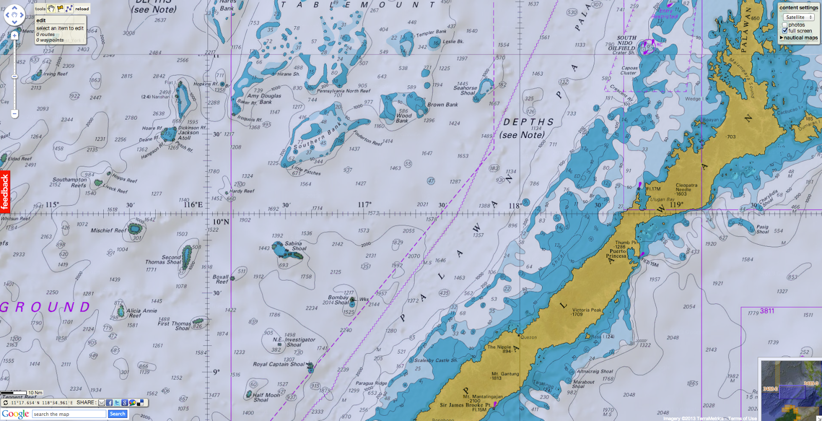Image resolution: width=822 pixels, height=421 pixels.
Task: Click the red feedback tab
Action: pos(5,191)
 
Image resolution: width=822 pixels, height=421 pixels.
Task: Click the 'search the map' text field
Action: pos(69,414)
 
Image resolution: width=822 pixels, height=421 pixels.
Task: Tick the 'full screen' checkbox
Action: pos(785,31)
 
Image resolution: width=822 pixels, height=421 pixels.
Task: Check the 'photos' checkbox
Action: pos(785,25)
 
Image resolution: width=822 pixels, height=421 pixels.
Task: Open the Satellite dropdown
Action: pos(799,17)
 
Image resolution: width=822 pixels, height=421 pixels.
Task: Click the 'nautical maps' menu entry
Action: pos(800,38)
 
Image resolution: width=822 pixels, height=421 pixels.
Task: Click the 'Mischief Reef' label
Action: pos(108,230)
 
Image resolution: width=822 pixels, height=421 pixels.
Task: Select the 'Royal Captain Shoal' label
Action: pos(278,364)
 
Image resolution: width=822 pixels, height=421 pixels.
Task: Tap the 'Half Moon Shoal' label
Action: pos(266,397)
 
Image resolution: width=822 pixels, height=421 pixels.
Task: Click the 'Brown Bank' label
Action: pos(442,104)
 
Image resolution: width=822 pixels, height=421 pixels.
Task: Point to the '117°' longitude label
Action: pos(364,205)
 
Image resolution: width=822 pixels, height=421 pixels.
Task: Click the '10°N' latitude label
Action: pos(221,222)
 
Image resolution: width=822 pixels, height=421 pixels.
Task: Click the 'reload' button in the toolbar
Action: pos(82,9)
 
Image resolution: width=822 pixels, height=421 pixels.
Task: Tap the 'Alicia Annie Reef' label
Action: pos(141,313)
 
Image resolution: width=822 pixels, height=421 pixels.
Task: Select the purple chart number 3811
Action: pos(767,311)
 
